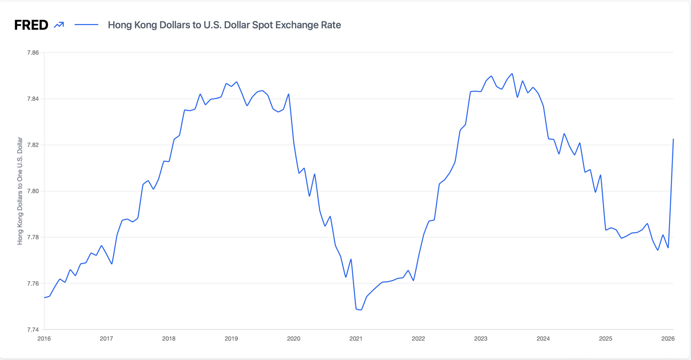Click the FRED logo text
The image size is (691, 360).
[x=31, y=25]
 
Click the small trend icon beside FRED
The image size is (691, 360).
[x=59, y=25]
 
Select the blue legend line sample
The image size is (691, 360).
[x=86, y=25]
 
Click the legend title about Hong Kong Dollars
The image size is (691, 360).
[x=224, y=25]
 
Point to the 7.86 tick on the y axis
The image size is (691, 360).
[x=33, y=53]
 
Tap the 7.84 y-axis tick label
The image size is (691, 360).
[x=33, y=99]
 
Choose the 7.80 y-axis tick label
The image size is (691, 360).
[x=33, y=191]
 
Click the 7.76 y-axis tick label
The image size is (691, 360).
[x=33, y=284]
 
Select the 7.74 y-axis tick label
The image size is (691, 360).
[x=33, y=330]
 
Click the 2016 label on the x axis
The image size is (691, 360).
[x=44, y=338]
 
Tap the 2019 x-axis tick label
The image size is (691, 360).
[x=231, y=338]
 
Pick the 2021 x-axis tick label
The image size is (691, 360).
[x=356, y=338]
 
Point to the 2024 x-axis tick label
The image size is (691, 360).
[x=543, y=338]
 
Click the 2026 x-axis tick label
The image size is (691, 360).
[x=667, y=338]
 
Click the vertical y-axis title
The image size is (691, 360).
[x=20, y=191]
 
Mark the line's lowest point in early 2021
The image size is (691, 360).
[x=361, y=310]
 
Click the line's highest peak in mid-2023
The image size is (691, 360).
[x=512, y=74]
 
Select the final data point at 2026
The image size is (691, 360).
[x=673, y=139]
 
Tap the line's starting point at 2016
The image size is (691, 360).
[x=44, y=297]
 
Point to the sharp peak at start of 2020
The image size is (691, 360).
[x=289, y=94]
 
